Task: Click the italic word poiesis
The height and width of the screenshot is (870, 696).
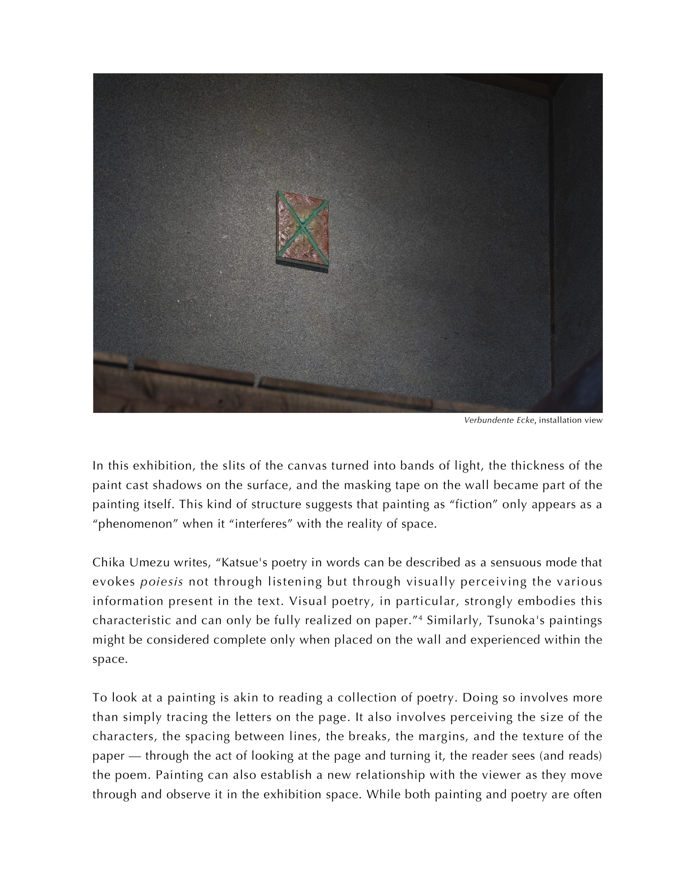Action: tap(162, 582)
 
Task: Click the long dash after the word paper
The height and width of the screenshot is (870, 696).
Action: tap(135, 756)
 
